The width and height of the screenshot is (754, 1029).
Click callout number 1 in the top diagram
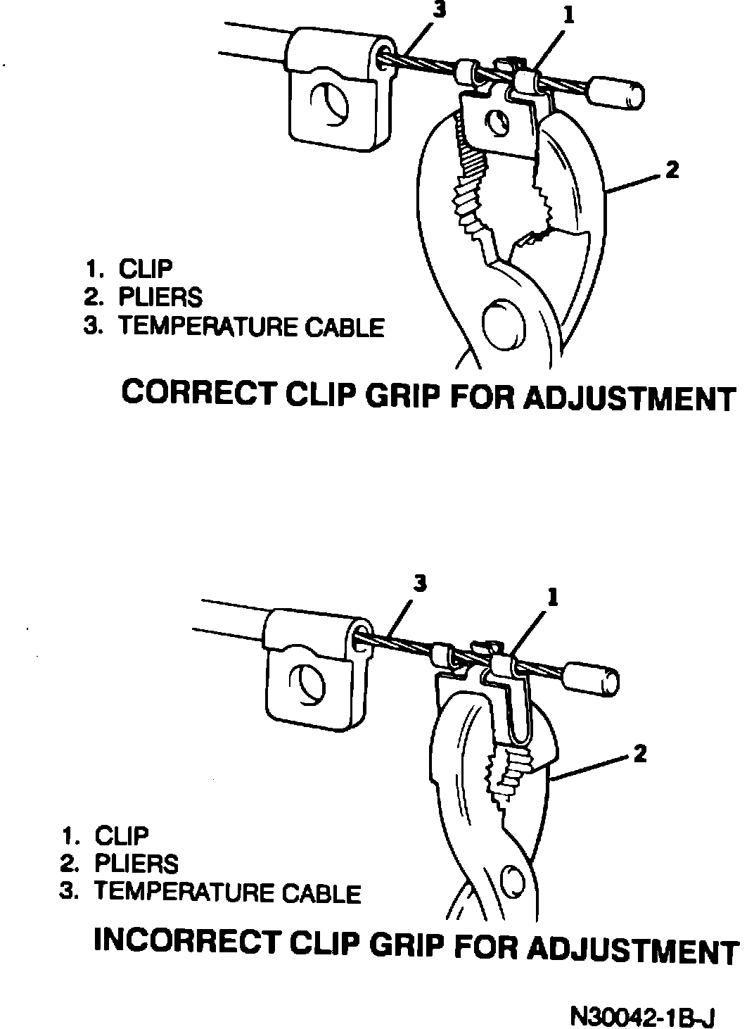pos(568,16)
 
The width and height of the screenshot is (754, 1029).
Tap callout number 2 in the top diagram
pos(672,170)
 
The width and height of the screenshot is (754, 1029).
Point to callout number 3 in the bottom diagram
pos(420,583)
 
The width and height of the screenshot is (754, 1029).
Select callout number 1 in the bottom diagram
pos(553,598)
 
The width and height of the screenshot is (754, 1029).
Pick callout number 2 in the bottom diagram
pos(639,755)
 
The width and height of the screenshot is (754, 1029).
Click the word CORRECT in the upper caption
pos(198,393)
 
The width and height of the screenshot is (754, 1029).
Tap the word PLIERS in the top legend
pos(160,298)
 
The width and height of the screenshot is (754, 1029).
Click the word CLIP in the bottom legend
pos(122,836)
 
